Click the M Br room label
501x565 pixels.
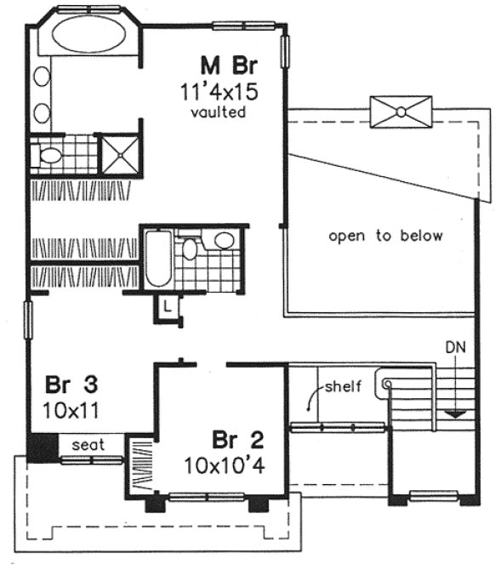229,65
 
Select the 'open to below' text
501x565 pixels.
385,236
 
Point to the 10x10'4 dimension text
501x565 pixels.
225,465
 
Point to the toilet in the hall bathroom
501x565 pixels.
190,248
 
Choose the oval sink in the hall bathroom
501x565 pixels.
224,241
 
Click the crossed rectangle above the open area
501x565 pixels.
401,111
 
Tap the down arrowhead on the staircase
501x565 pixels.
457,414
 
